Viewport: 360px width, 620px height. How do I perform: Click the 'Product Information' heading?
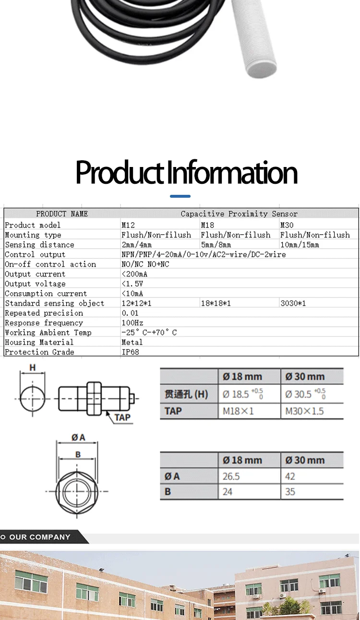(x=186, y=172)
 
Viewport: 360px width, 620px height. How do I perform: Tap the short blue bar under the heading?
(x=180, y=196)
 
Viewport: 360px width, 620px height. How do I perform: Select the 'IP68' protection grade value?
(x=130, y=352)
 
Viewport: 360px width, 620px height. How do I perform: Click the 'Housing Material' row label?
(x=39, y=342)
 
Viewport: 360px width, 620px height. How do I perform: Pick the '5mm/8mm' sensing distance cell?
(x=216, y=245)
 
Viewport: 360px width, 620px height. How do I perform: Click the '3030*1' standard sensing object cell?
(x=293, y=303)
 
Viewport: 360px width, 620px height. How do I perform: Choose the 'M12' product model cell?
(x=128, y=226)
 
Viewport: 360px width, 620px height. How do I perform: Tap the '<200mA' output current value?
(x=134, y=274)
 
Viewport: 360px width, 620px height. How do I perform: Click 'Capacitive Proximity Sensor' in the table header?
(x=239, y=214)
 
